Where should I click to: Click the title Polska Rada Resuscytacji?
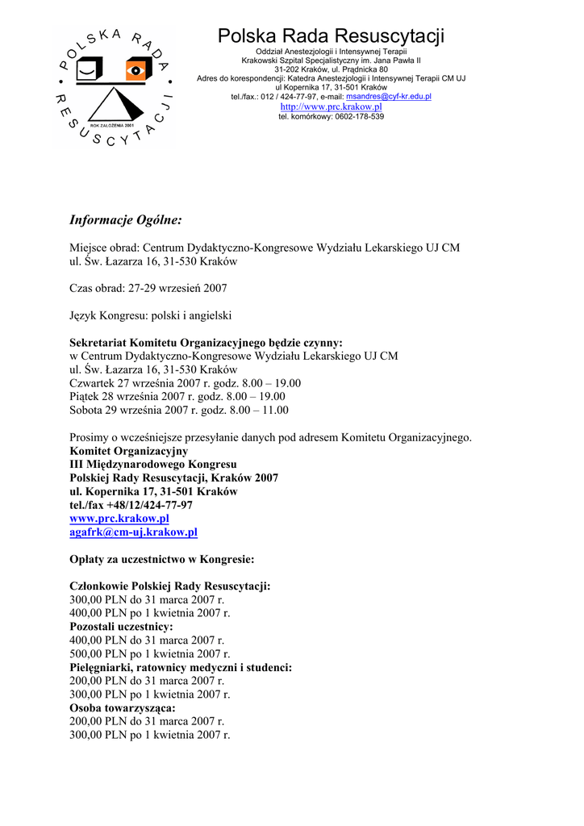[331, 36]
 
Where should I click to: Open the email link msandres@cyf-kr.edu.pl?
[388, 96]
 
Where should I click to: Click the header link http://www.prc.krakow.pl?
[331, 106]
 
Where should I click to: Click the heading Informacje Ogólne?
[126, 220]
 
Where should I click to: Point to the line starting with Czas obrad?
[148, 288]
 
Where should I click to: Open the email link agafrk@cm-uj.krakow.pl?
[134, 532]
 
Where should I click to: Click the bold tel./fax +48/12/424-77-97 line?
[131, 505]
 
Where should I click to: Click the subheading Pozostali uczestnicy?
[122, 627]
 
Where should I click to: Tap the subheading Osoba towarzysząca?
[123, 708]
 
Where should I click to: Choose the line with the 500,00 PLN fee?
[150, 653]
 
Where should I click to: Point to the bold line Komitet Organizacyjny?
[129, 451]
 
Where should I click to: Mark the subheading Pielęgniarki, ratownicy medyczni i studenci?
[181, 667]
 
